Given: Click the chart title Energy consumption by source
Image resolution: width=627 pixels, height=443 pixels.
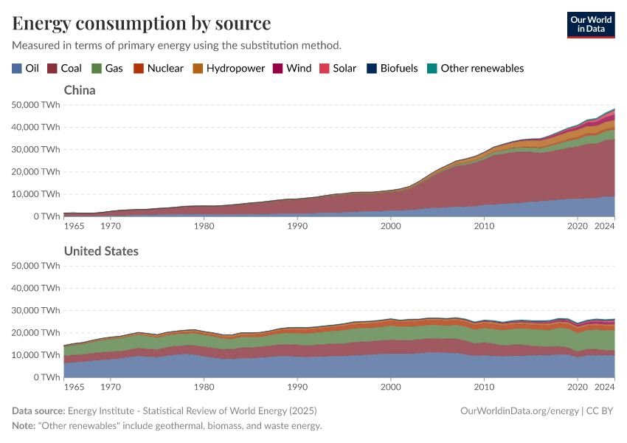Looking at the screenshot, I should pos(141,23).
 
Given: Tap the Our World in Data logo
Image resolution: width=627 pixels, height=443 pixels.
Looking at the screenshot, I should pos(590,24).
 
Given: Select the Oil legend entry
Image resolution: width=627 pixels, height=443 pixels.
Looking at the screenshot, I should pos(25,68).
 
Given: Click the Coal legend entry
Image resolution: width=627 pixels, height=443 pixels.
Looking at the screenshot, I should pos(65,68).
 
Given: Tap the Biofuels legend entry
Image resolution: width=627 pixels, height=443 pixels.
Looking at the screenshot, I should pos(392,68).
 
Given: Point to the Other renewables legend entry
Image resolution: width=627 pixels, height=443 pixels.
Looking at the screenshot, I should pos(476,68).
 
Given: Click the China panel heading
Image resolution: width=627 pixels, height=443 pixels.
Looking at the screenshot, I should pos(80,90).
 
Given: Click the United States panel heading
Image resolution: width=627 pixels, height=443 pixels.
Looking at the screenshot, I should pos(101,251).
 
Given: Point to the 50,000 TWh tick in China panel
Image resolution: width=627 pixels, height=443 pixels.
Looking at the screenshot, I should pos(36,105).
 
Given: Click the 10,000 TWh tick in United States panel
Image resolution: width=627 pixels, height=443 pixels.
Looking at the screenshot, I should pos(36,355).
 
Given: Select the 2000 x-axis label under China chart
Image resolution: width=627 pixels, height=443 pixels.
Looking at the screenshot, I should pos(391,224).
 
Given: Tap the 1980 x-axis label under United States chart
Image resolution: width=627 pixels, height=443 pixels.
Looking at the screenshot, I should pos(204,385).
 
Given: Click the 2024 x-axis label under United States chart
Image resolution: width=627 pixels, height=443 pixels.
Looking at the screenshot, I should pos(604,385).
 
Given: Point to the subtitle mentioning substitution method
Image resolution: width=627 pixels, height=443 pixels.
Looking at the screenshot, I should pos(176,45).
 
